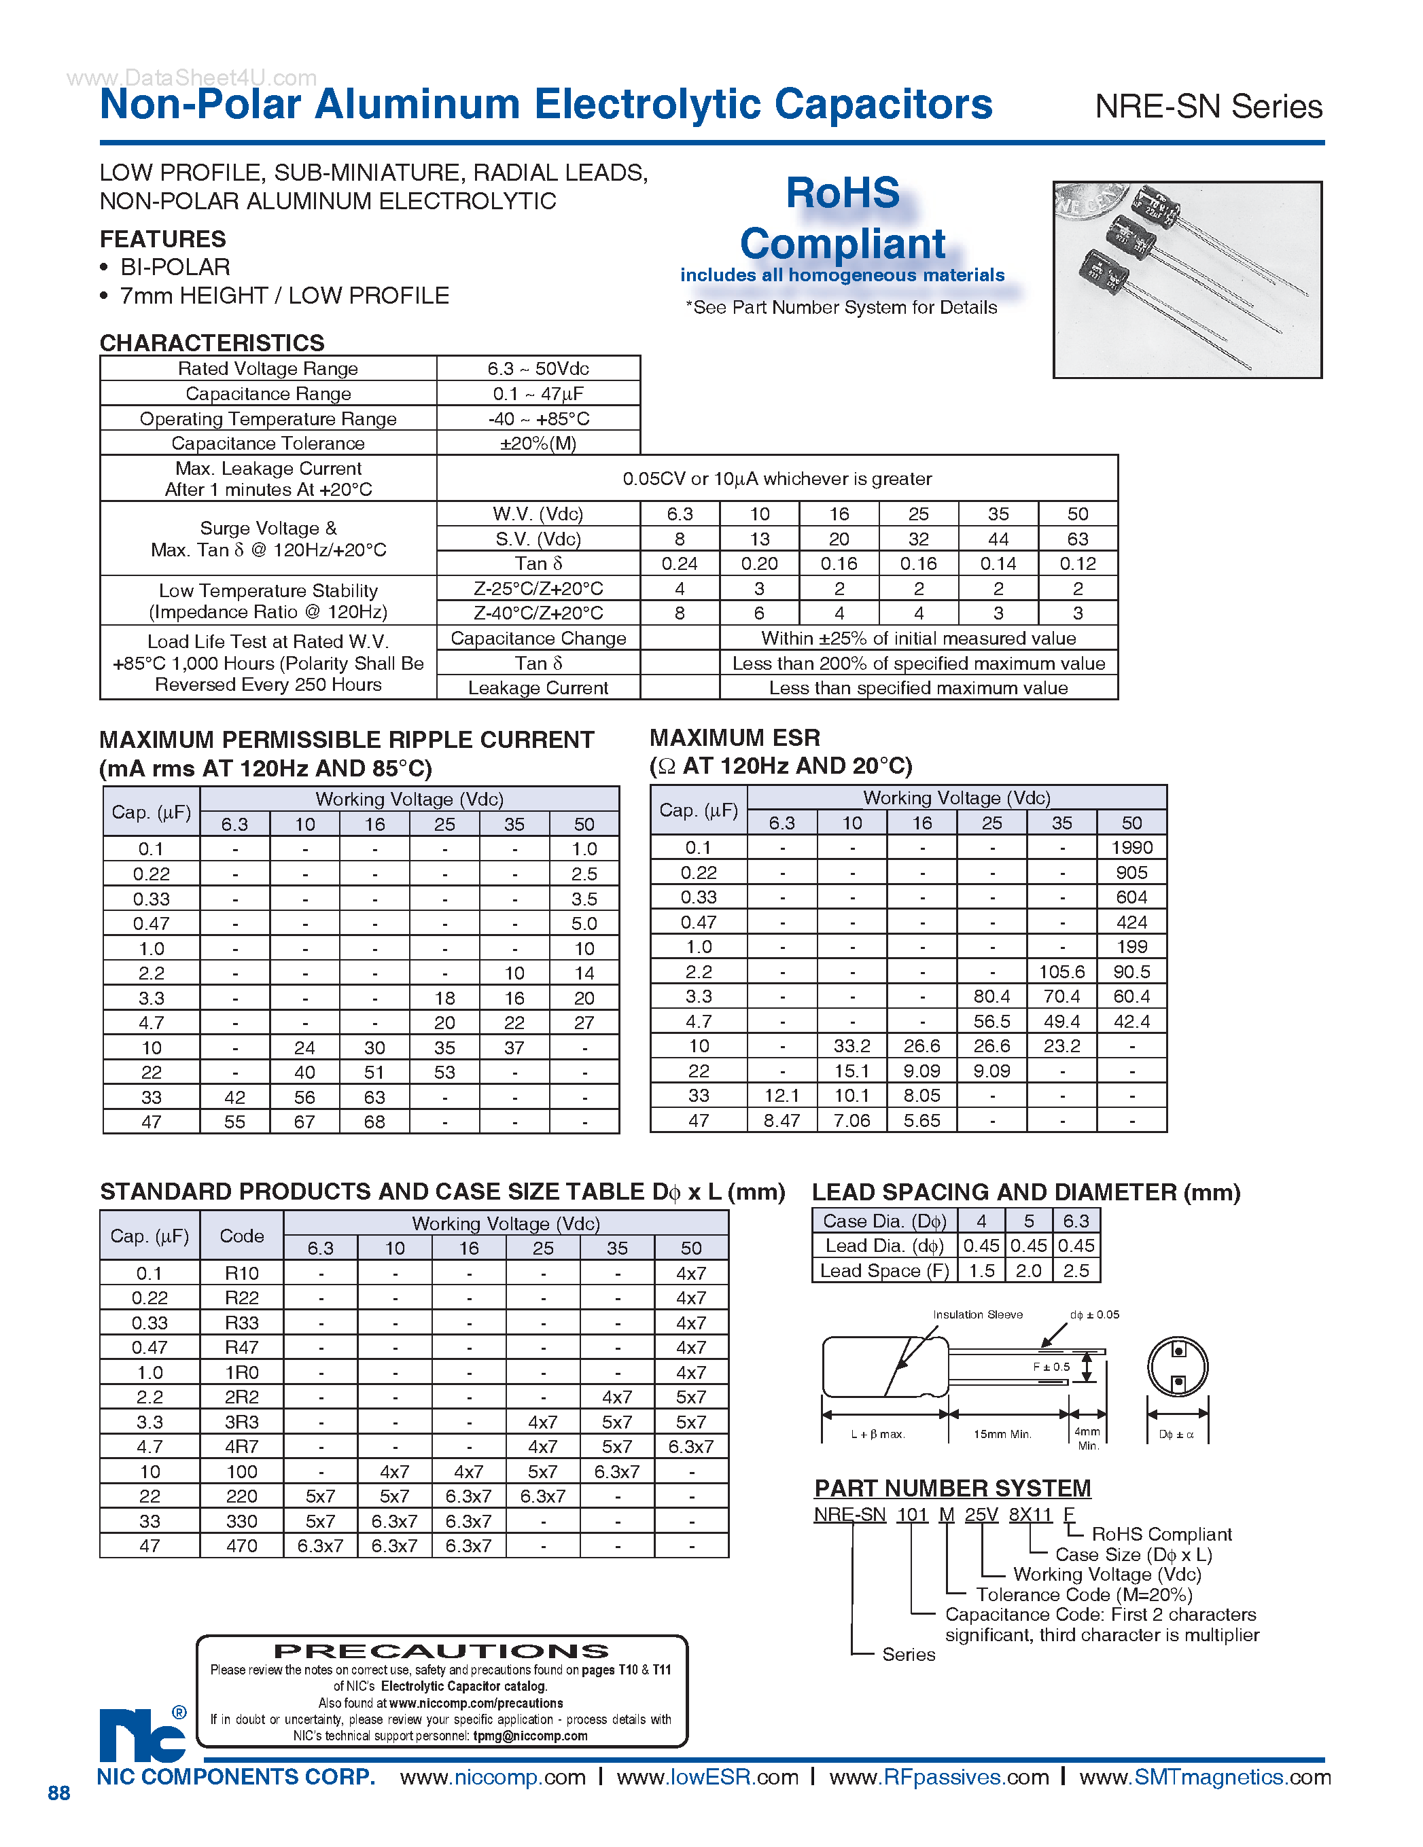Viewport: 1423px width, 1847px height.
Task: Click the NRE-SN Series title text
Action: (1208, 107)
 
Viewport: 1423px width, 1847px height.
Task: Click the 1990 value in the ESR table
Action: (1131, 847)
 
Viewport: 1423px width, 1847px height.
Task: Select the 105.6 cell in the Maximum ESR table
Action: (1061, 971)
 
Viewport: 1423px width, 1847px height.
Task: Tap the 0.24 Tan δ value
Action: (680, 563)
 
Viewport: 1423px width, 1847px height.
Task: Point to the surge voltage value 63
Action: (1077, 539)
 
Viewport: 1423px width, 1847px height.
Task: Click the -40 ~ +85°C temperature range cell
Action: (538, 418)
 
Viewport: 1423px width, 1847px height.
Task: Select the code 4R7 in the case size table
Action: (241, 1446)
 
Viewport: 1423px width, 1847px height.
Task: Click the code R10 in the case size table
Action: (241, 1273)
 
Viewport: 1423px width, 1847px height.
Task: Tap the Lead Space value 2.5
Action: (1076, 1270)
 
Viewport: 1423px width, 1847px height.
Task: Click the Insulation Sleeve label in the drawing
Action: (977, 1314)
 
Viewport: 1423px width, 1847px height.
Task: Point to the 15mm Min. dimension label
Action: (1002, 1434)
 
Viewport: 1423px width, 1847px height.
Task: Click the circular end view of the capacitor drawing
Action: (1178, 1367)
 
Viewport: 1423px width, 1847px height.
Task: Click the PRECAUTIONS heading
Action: (441, 1651)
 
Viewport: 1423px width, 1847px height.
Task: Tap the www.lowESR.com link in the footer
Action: (707, 1777)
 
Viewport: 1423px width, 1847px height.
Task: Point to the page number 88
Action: (58, 1793)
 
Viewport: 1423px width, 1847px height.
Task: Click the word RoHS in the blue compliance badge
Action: (843, 193)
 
